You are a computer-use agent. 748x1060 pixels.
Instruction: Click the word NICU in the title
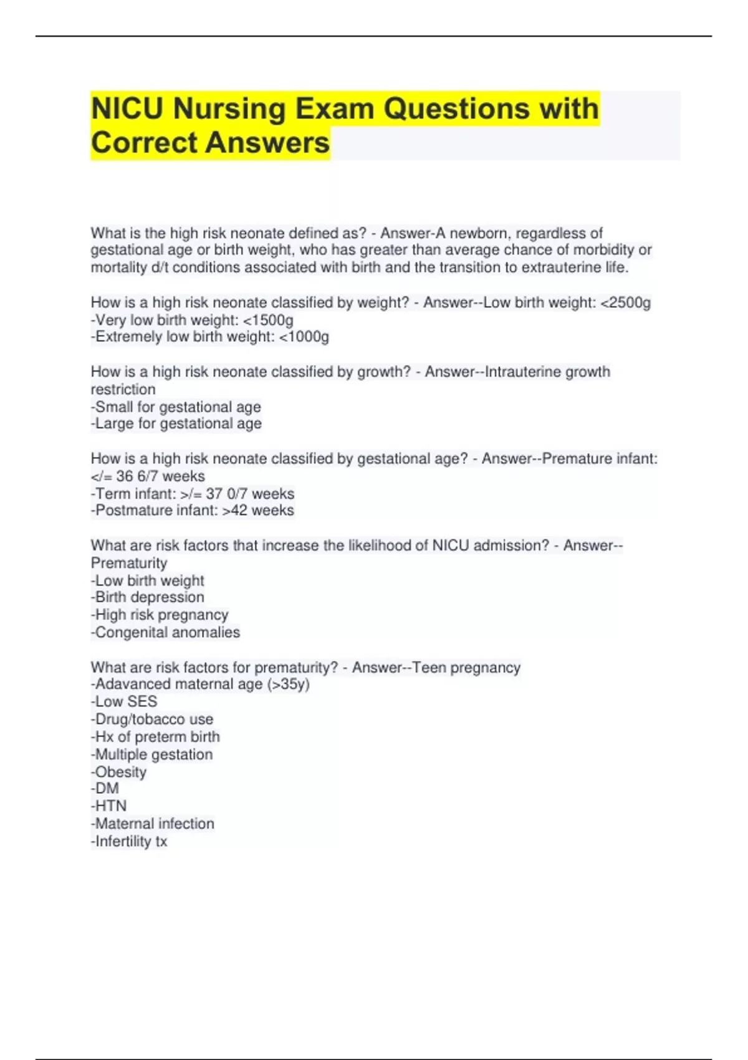pyautogui.click(x=128, y=108)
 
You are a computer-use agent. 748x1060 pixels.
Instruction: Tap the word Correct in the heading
pyautogui.click(x=145, y=142)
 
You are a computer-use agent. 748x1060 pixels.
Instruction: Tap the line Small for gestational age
pyautogui.click(x=176, y=407)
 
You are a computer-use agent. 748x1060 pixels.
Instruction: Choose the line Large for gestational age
pyautogui.click(x=176, y=424)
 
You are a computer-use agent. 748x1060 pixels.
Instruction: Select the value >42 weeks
pyautogui.click(x=258, y=511)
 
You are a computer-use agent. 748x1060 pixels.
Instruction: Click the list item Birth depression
pyautogui.click(x=148, y=597)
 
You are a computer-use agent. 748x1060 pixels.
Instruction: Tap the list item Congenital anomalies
pyautogui.click(x=166, y=632)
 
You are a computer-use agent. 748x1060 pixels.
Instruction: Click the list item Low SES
pyautogui.click(x=124, y=701)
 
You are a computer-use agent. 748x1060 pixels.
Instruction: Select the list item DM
pyautogui.click(x=105, y=789)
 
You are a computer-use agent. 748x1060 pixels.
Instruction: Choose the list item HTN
pyautogui.click(x=109, y=806)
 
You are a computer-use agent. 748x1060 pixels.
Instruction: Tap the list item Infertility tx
pyautogui.click(x=130, y=841)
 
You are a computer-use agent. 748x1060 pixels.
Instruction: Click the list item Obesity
pyautogui.click(x=119, y=772)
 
